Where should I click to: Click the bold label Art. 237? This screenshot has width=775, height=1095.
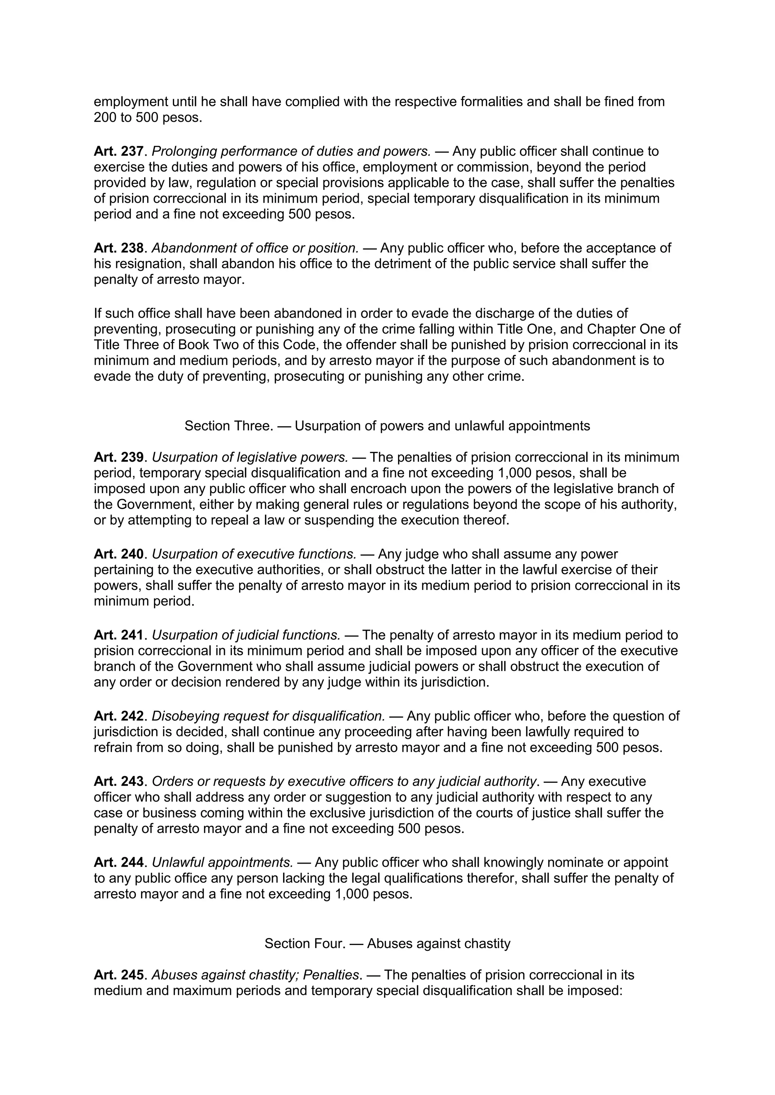coord(118,151)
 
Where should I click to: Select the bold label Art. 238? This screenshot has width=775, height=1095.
coord(118,248)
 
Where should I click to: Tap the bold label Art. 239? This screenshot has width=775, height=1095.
coord(118,458)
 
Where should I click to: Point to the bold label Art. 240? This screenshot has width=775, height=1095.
coord(118,554)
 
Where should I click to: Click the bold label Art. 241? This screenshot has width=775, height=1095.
coord(118,635)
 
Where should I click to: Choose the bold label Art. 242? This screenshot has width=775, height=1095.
coord(118,717)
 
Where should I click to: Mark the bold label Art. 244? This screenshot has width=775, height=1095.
coord(118,863)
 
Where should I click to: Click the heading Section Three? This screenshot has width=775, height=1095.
coord(387,426)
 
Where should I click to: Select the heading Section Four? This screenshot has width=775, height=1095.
coord(387,944)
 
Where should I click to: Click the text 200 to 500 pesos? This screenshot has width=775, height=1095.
coord(148,117)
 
